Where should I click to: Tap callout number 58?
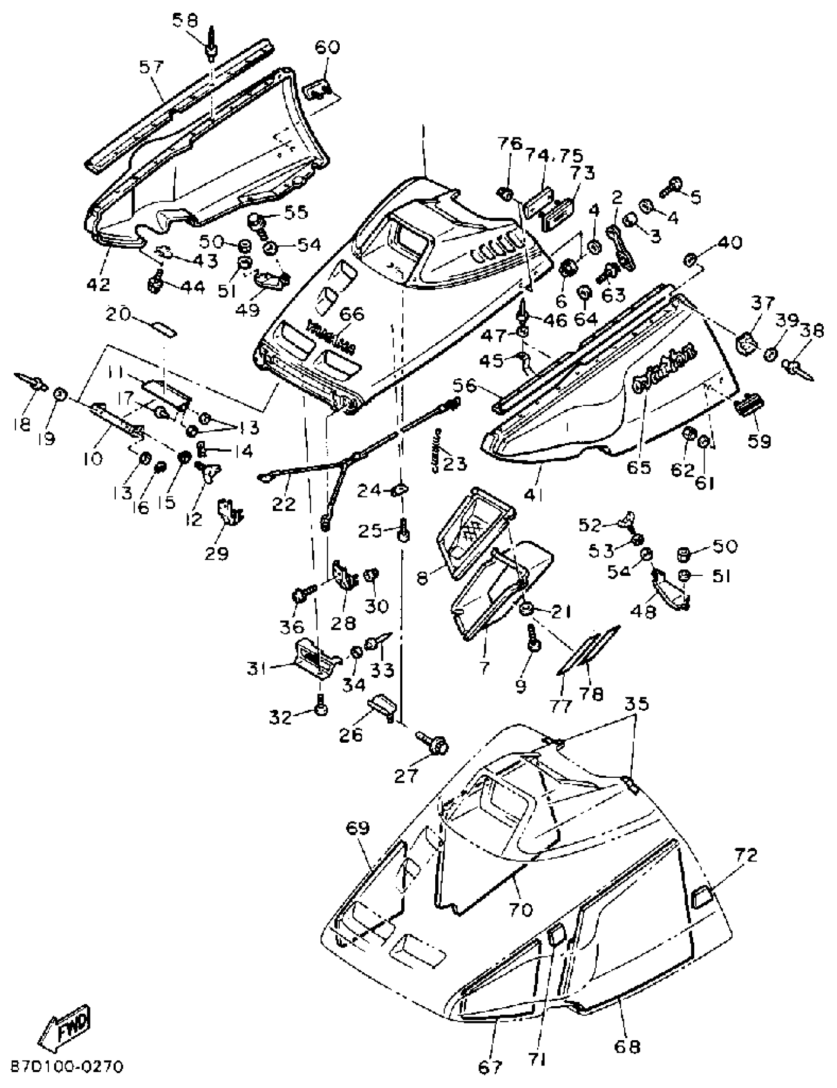185,21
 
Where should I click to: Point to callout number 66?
352,314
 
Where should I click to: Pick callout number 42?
98,284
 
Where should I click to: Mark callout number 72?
745,856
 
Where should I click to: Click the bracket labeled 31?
314,659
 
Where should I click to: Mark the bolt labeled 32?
322,709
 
